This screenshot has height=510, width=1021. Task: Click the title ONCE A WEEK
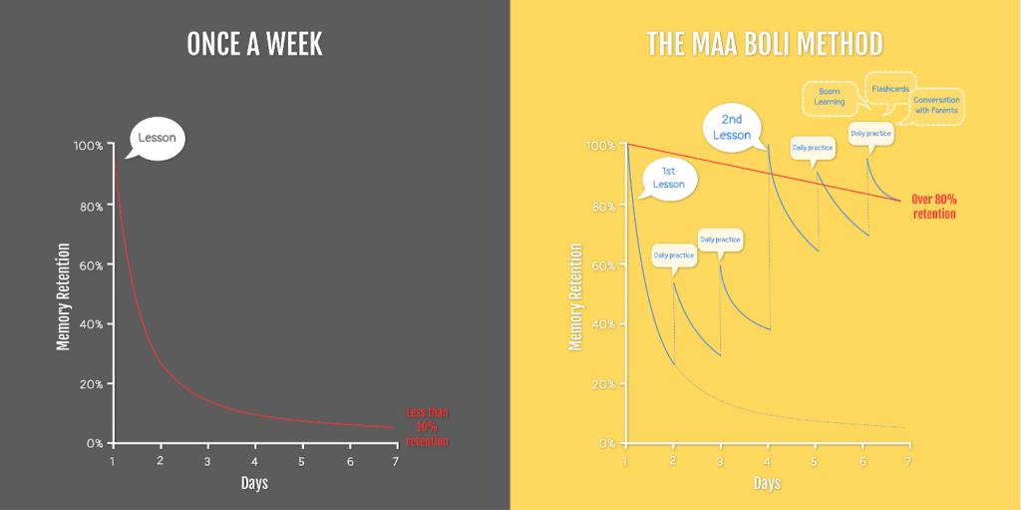coord(254,45)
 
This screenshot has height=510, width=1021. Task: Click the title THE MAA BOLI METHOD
coord(765,45)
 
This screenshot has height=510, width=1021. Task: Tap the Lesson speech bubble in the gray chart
coord(157,138)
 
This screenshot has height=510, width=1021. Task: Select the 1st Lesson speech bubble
coord(668,178)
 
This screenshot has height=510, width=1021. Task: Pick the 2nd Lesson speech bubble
coord(733,127)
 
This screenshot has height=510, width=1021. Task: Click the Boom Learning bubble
coord(830,96)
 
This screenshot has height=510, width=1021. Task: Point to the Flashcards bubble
coord(889,89)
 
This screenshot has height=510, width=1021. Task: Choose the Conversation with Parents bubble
coord(935,104)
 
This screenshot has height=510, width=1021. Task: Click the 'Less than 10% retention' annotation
coord(428,427)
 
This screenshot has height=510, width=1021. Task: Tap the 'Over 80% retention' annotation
coord(933,207)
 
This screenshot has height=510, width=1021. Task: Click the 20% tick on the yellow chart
coord(601,383)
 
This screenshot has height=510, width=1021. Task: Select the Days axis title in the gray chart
coord(254,483)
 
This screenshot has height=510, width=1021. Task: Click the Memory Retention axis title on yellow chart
coord(574,297)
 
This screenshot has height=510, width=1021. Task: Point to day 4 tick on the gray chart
coord(254,461)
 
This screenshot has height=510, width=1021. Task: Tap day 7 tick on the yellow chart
coord(908,460)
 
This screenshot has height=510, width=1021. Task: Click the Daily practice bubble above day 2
coord(674,255)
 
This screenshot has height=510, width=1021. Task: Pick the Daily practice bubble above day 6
coord(870,133)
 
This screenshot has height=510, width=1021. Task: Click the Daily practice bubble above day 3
coord(720,240)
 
